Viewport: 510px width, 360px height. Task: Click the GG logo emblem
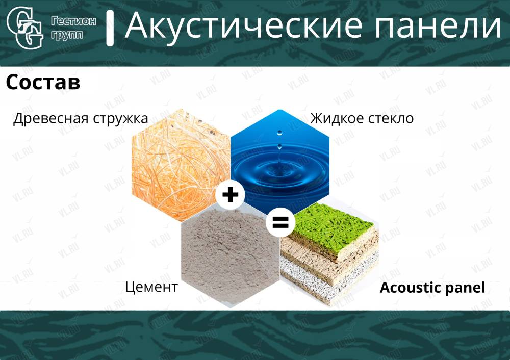pyautogui.click(x=24, y=28)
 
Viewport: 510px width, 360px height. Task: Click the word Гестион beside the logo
pyautogui.click(x=73, y=21)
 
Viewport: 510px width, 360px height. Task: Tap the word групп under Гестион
pyautogui.click(x=67, y=35)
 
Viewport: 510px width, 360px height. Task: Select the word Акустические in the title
pyautogui.click(x=243, y=25)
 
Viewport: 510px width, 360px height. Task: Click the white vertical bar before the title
pyautogui.click(x=110, y=28)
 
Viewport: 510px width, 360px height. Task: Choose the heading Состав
pyautogui.click(x=43, y=82)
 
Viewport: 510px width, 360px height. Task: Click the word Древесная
pyautogui.click(x=50, y=119)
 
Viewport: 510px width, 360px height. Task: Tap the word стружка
pyautogui.click(x=120, y=119)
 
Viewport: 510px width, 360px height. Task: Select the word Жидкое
pyautogui.click(x=337, y=118)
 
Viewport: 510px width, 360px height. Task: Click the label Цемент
pyautogui.click(x=151, y=287)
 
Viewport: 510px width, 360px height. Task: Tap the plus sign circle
pyautogui.click(x=231, y=195)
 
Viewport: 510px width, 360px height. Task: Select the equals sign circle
pyautogui.click(x=280, y=222)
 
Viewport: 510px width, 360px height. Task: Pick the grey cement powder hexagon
pyautogui.click(x=231, y=257)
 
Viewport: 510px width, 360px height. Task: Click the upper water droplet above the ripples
pyautogui.click(x=279, y=133)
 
